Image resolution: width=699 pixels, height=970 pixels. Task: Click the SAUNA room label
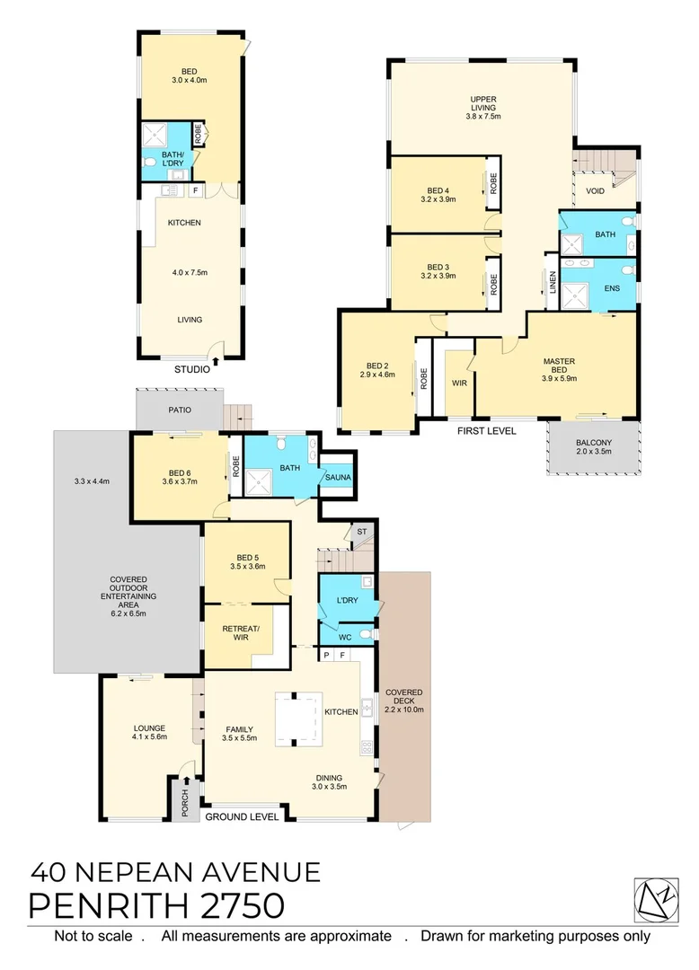[338, 477]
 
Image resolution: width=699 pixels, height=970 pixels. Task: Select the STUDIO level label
[191, 368]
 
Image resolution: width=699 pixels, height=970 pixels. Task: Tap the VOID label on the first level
[595, 191]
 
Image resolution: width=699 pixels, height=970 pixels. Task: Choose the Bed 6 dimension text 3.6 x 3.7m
[179, 481]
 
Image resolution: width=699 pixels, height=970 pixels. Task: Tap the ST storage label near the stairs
[362, 533]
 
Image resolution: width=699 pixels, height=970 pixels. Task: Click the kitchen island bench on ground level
[297, 718]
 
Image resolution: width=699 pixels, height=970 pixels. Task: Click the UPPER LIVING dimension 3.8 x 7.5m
[483, 116]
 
